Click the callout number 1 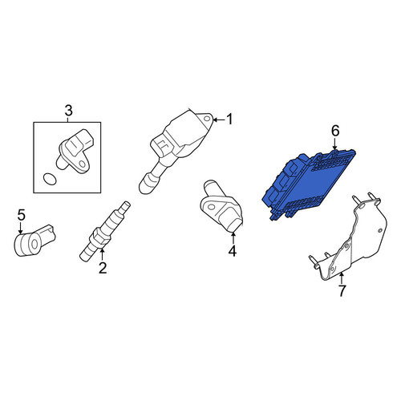(229, 119)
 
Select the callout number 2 (103, 268)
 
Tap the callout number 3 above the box (68, 111)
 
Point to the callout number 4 (232, 251)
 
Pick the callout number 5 (22, 215)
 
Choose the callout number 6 (335, 131)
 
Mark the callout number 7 (342, 291)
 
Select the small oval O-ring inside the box (50, 179)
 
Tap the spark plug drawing (105, 231)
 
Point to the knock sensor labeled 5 (34, 241)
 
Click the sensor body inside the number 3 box (75, 151)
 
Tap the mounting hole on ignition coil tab (206, 119)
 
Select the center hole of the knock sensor (34, 244)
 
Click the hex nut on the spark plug (99, 237)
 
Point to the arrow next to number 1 (219, 119)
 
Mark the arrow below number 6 (334, 144)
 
